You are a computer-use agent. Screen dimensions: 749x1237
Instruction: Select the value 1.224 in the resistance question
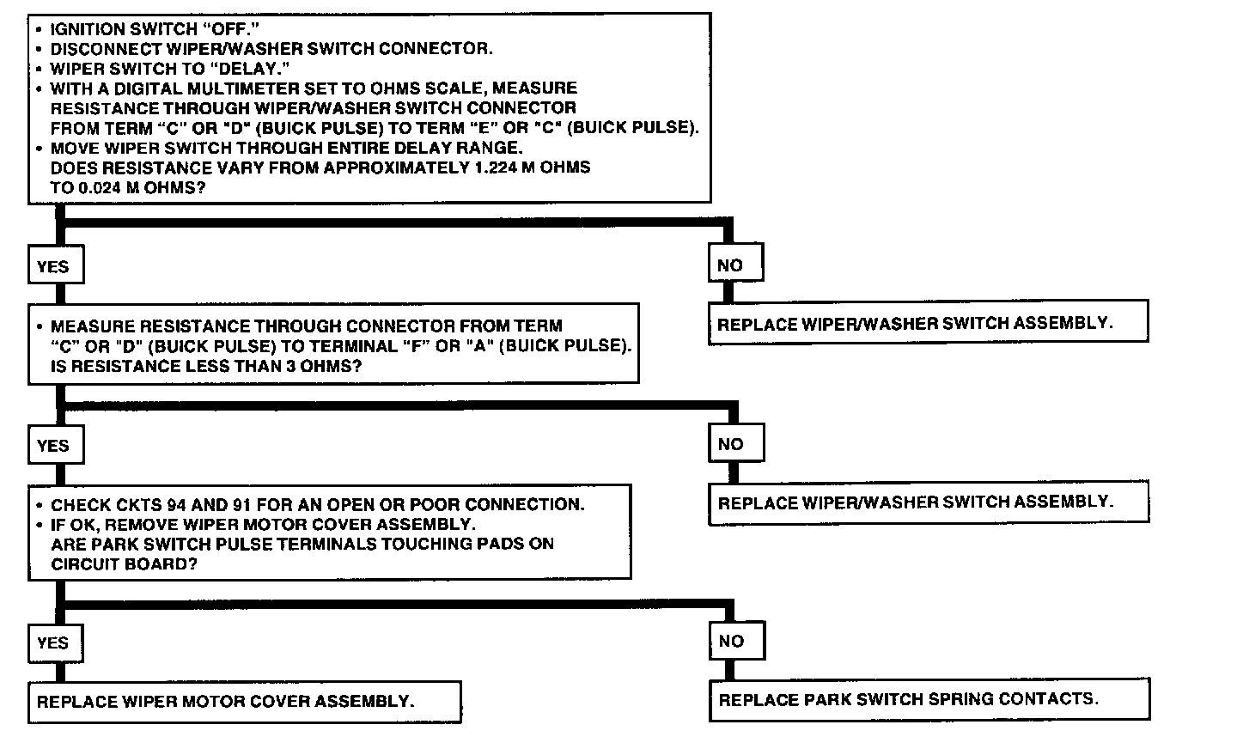(x=497, y=167)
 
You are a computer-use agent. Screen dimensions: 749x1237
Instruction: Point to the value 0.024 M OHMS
(x=126, y=187)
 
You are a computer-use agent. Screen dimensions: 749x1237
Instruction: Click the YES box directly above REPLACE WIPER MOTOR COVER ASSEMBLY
(x=53, y=642)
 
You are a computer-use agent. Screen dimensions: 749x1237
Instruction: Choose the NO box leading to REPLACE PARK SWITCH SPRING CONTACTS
(x=731, y=641)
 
